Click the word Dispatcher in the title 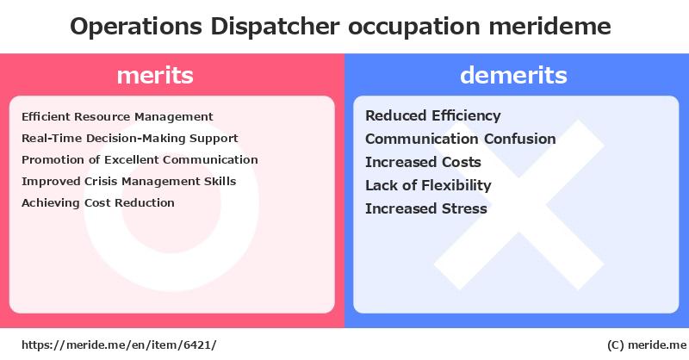point(275,27)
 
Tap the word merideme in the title point(549,27)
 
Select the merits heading point(155,75)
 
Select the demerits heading point(513,75)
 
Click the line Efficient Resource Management point(117,116)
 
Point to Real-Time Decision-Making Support point(130,138)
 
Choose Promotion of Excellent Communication point(140,159)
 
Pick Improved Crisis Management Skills point(128,181)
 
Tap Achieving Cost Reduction point(98,202)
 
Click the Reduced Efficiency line point(433,115)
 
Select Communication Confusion point(461,139)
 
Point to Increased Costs point(423,162)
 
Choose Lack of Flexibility point(428,185)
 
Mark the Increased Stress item point(426,208)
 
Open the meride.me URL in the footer point(119,345)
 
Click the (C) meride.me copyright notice point(647,345)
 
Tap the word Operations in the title point(136,27)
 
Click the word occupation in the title point(414,28)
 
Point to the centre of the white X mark point(519,205)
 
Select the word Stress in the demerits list point(464,208)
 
